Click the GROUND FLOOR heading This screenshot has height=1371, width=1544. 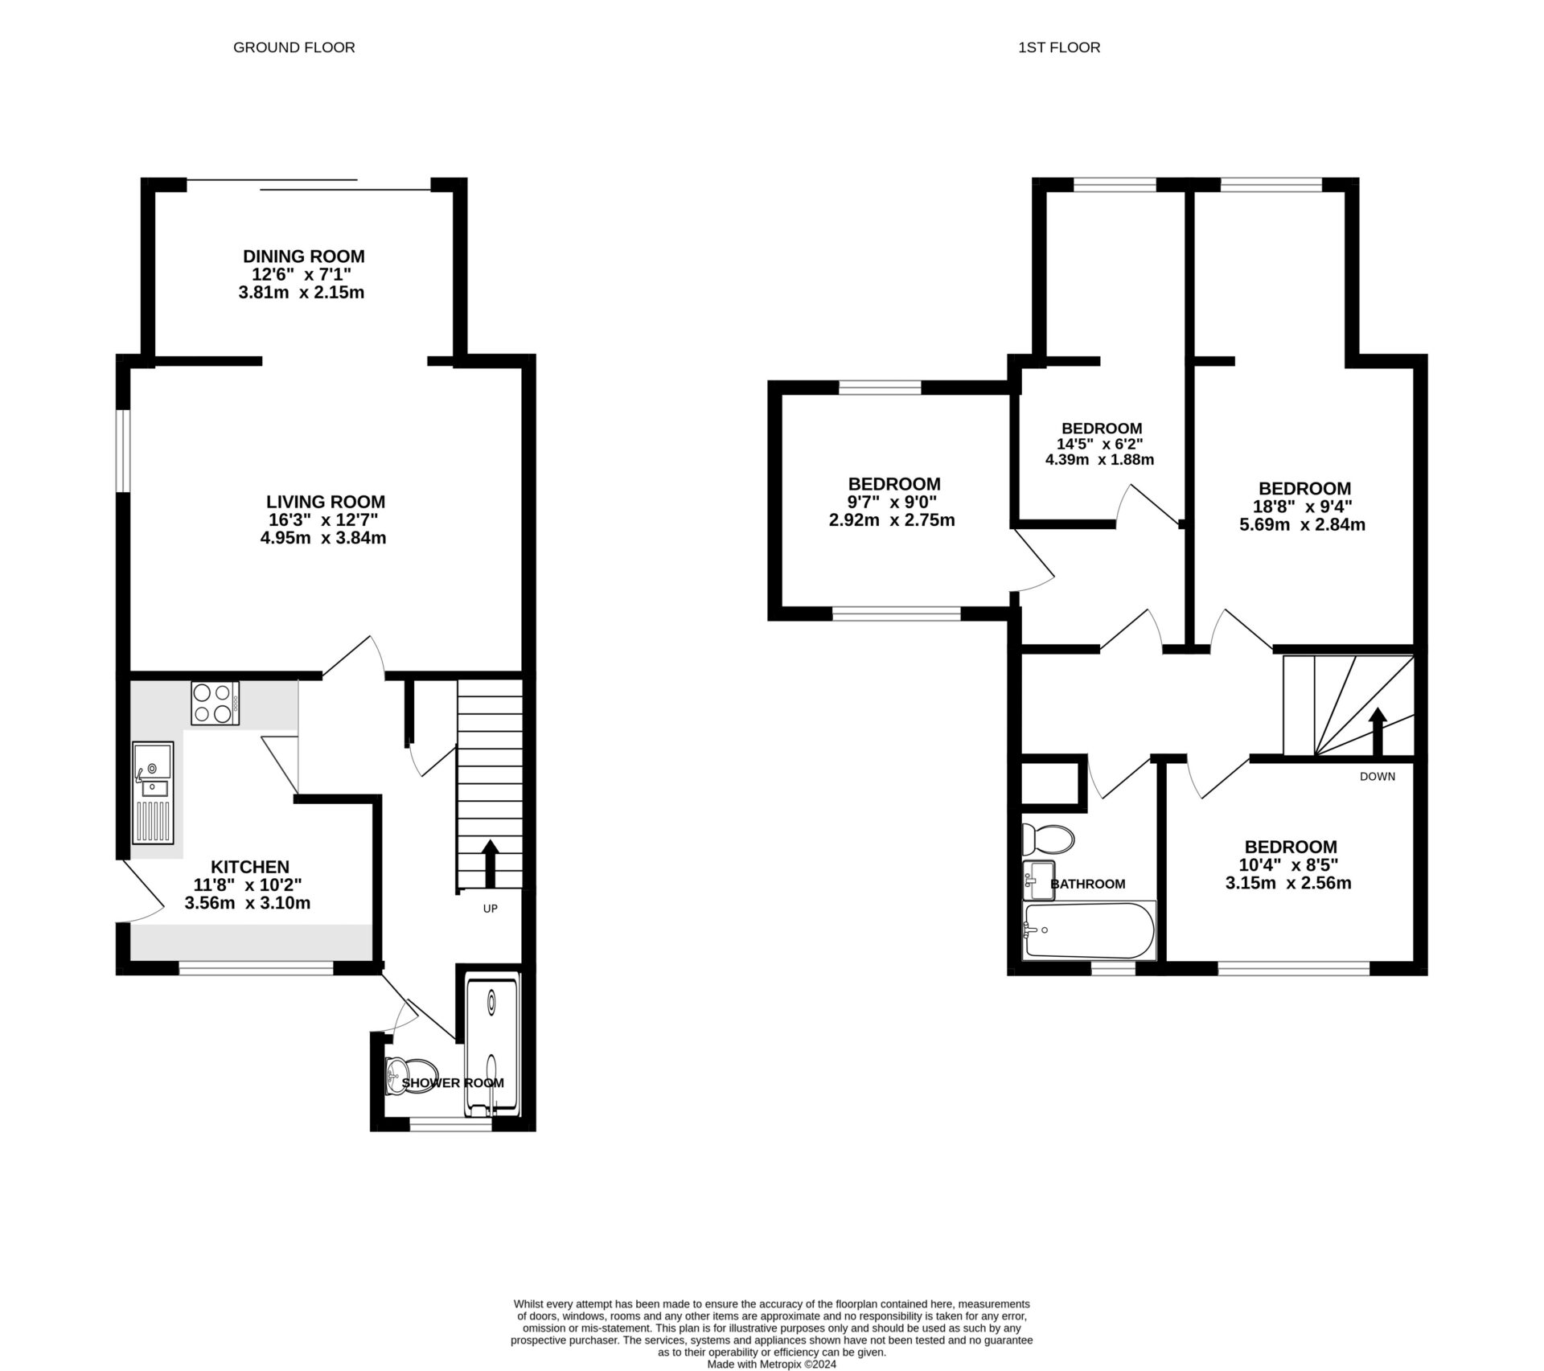tap(294, 47)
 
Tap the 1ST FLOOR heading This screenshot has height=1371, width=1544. tap(1058, 47)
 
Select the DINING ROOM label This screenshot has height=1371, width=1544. tap(303, 257)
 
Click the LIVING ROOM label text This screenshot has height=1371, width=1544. tap(326, 502)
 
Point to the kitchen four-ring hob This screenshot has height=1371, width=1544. tap(215, 703)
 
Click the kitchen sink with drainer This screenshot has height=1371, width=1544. tap(154, 792)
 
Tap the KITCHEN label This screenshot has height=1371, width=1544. tap(249, 867)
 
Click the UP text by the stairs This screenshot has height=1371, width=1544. tap(490, 909)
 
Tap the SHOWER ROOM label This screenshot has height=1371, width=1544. tap(453, 1083)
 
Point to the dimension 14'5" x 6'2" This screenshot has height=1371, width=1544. tap(1099, 444)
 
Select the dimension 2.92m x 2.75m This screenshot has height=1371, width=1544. tap(892, 520)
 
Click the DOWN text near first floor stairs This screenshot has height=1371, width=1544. tap(1377, 776)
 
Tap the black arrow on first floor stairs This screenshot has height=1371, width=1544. tap(1378, 730)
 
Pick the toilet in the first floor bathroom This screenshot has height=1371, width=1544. tap(1047, 839)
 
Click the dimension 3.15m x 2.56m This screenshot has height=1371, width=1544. tap(1287, 883)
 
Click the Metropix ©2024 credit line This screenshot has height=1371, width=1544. tap(771, 1365)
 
